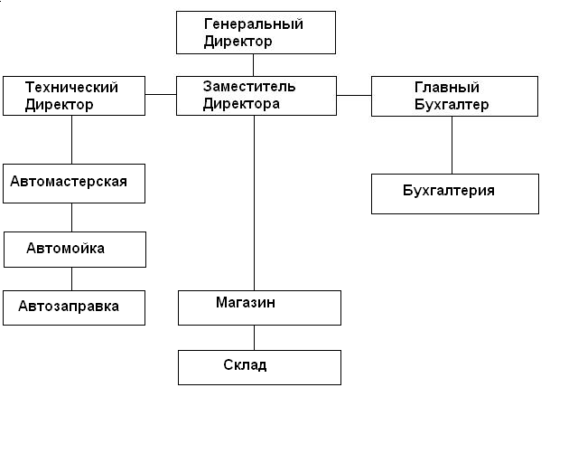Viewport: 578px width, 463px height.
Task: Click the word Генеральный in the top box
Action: point(253,24)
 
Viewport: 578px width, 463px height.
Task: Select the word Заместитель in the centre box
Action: point(248,87)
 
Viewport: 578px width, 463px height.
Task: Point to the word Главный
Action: point(446,88)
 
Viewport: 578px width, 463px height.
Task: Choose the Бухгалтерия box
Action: point(454,194)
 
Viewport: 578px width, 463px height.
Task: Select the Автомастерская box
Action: point(73,183)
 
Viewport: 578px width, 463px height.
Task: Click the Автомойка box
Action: point(74,249)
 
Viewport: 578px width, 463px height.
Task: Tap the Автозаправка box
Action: point(73,307)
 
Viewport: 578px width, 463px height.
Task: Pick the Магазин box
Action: point(259,307)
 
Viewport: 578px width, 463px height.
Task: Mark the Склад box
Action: point(259,367)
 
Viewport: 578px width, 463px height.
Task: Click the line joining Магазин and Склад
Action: point(254,337)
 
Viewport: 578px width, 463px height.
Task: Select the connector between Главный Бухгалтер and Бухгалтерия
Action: point(452,145)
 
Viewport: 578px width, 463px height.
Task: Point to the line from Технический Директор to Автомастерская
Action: point(72,140)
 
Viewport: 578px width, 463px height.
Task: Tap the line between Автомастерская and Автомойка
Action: point(72,217)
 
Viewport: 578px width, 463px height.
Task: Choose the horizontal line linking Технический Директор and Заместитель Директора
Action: point(161,94)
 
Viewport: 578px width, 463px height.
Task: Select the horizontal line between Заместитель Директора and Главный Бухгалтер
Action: point(354,94)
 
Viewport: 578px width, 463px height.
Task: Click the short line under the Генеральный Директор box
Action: point(254,65)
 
